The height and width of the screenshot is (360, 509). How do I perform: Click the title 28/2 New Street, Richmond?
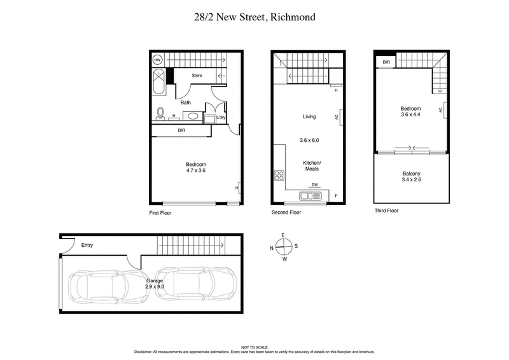pos(254,17)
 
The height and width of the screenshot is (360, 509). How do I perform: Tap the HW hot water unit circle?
pos(158,60)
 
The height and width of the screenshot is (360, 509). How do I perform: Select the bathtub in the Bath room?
pos(158,83)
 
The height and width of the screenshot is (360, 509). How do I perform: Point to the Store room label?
pos(197,75)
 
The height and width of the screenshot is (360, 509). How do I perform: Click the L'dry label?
pos(221,118)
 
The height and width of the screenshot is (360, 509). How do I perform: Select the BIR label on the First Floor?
pos(181,130)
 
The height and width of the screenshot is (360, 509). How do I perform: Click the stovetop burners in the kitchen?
pos(279,176)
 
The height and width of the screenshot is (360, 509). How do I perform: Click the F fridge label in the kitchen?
pos(335,195)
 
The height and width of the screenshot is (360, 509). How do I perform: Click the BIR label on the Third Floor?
pos(386,62)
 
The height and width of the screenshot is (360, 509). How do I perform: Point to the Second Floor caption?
pos(286,212)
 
